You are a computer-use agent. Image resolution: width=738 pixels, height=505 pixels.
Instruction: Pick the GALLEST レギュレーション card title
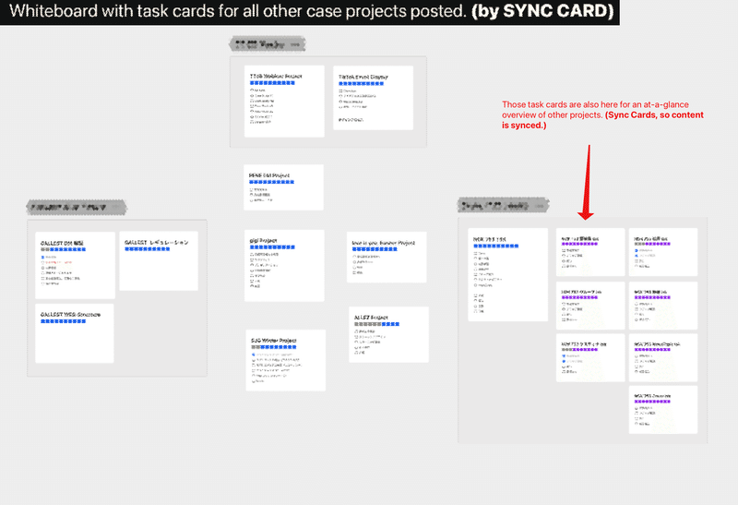(x=160, y=242)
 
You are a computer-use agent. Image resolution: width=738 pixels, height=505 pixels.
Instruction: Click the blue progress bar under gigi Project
(x=271, y=247)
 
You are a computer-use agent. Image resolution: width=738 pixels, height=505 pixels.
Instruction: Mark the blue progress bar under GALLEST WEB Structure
(x=65, y=322)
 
